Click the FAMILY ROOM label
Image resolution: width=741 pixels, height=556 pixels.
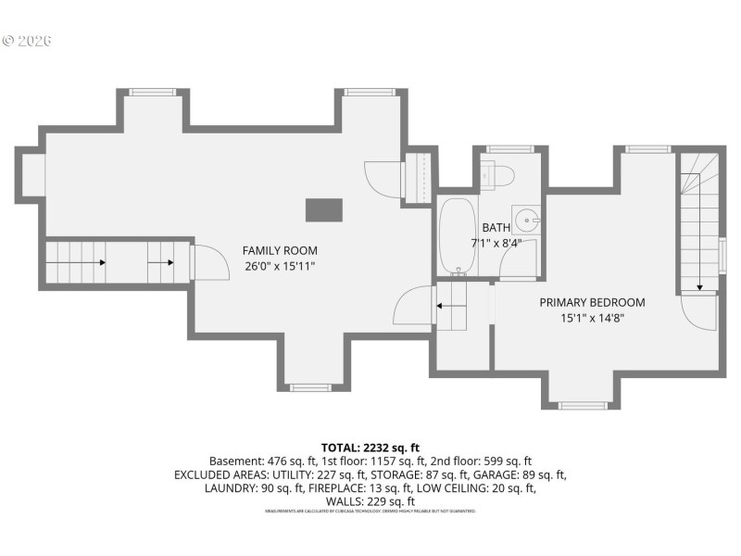point(280,250)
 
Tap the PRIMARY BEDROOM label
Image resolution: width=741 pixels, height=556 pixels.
point(592,302)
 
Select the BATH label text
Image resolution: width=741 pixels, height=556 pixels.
point(496,228)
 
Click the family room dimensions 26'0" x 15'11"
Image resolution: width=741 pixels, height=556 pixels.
point(280,267)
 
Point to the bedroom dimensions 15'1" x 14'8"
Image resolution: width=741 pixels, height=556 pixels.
point(592,319)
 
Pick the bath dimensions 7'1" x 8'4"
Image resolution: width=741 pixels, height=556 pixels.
point(496,244)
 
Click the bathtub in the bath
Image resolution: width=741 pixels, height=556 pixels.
point(456,236)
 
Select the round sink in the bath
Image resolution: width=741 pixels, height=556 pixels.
point(526,221)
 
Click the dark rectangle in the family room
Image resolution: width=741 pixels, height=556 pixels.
point(323,210)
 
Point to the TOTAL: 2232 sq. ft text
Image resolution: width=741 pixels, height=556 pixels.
point(370,448)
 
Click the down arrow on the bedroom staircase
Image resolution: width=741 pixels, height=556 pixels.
point(699,285)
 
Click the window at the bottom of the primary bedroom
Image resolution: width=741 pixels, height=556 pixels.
point(583,405)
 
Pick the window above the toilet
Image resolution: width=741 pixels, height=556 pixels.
point(510,148)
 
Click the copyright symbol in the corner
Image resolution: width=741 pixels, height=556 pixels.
point(8,41)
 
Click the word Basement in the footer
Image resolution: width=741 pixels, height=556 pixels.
point(234,461)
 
